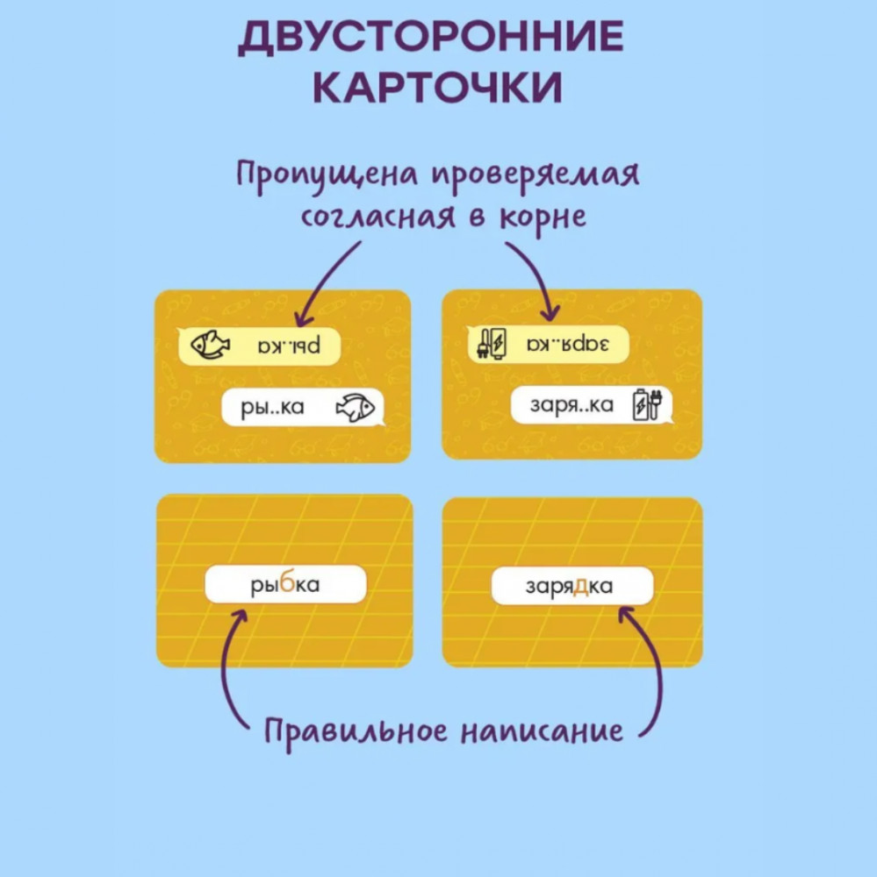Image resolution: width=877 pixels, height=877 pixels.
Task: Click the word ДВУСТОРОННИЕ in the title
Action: tap(431, 37)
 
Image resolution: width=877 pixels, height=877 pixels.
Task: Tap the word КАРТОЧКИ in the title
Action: tap(437, 88)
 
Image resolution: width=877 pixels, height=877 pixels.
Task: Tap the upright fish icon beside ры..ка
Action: tap(355, 407)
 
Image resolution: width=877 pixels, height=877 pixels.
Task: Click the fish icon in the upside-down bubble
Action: tap(210, 345)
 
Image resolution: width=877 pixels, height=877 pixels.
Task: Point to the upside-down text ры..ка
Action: tap(289, 345)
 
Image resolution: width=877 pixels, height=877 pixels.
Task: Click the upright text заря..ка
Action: tap(571, 405)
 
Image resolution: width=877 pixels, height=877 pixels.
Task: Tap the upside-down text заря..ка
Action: tap(568, 343)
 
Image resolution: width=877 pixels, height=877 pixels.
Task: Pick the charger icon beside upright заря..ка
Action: tap(647, 403)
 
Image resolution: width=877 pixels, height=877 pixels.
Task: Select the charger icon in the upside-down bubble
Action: tap(491, 343)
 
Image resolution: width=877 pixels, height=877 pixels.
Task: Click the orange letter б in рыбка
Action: tap(287, 584)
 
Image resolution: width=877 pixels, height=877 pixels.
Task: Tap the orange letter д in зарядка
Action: tap(581, 586)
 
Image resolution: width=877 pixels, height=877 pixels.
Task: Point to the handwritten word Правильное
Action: tap(356, 732)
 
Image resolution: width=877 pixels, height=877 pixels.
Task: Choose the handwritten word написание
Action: tap(542, 731)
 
